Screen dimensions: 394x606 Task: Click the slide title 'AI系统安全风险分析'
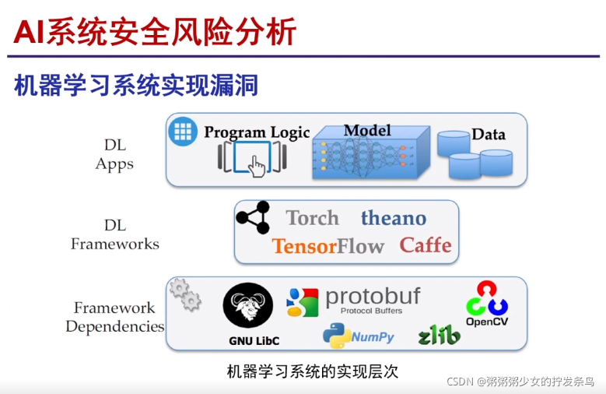tap(156, 32)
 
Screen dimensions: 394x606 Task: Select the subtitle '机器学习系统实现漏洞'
tap(136, 85)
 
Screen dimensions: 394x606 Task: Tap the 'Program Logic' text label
tap(257, 132)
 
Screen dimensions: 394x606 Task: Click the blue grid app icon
tap(184, 131)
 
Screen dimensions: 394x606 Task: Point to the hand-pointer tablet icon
tap(253, 161)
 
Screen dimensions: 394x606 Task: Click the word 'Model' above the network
tap(367, 130)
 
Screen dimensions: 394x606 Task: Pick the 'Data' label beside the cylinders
tap(489, 134)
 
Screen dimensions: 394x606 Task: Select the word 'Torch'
tap(312, 218)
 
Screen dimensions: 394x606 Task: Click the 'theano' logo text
tap(393, 218)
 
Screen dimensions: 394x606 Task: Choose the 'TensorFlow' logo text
tap(328, 247)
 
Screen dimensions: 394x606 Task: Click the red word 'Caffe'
tap(426, 245)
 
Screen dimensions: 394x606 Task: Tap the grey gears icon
tap(185, 294)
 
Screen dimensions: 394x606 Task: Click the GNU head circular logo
tap(247, 306)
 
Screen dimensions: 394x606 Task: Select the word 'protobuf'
tap(373, 297)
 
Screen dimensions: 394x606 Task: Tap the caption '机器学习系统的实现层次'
tap(312, 371)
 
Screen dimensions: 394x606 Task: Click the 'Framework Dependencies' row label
tap(115, 317)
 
